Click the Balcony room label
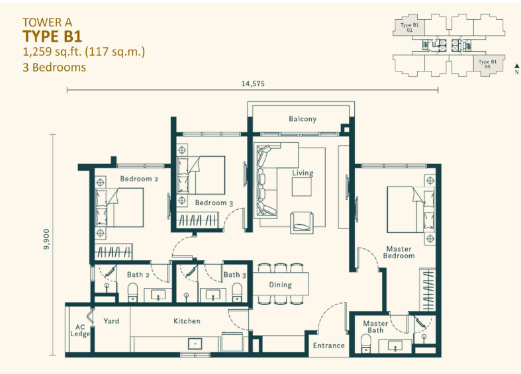click(x=303, y=119)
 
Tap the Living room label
click(x=303, y=173)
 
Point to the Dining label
click(x=280, y=285)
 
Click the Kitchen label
click(x=187, y=321)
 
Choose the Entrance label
click(x=329, y=346)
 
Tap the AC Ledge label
click(x=80, y=329)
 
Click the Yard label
click(x=111, y=321)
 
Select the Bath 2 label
click(x=138, y=275)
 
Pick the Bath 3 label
click(x=232, y=275)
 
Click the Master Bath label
click(x=375, y=327)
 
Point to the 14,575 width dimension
click(x=252, y=83)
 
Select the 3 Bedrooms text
click(x=54, y=67)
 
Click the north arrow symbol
click(x=516, y=67)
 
